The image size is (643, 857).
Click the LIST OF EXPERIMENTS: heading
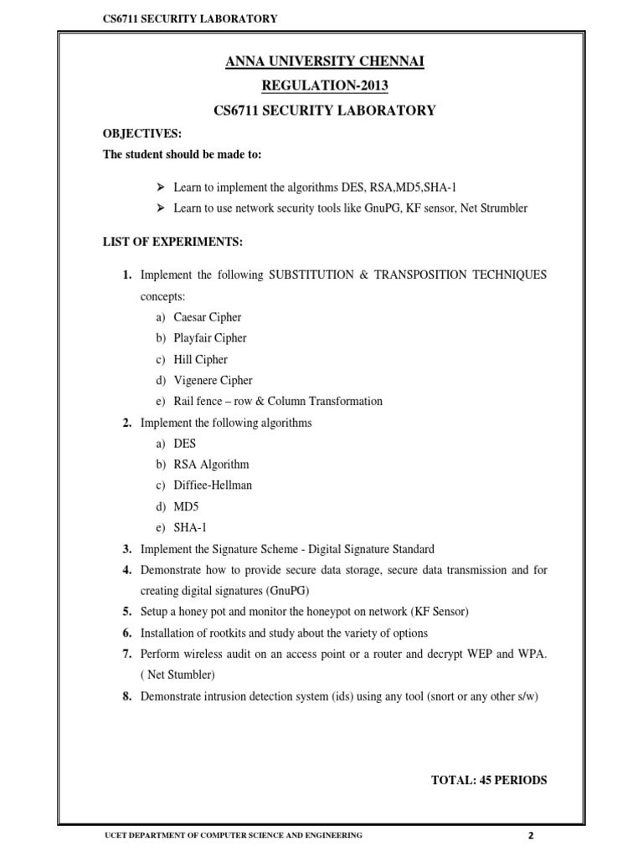pyautogui.click(x=172, y=242)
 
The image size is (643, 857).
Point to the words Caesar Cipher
pyautogui.click(x=208, y=317)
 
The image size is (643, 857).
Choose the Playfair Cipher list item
pyautogui.click(x=210, y=338)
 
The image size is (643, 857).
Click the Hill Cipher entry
pyautogui.click(x=201, y=359)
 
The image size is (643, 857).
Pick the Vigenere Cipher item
pyautogui.click(x=213, y=380)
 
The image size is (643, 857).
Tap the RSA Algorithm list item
pyautogui.click(x=211, y=464)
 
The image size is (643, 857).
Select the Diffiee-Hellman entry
pyautogui.click(x=213, y=485)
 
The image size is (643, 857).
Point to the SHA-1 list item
pyautogui.click(x=189, y=527)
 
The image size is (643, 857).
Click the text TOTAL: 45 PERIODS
pyautogui.click(x=489, y=780)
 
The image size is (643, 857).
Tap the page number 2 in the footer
pyautogui.click(x=530, y=836)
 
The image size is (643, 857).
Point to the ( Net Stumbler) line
pyautogui.click(x=178, y=675)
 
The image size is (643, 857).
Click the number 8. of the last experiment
pyautogui.click(x=127, y=695)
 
